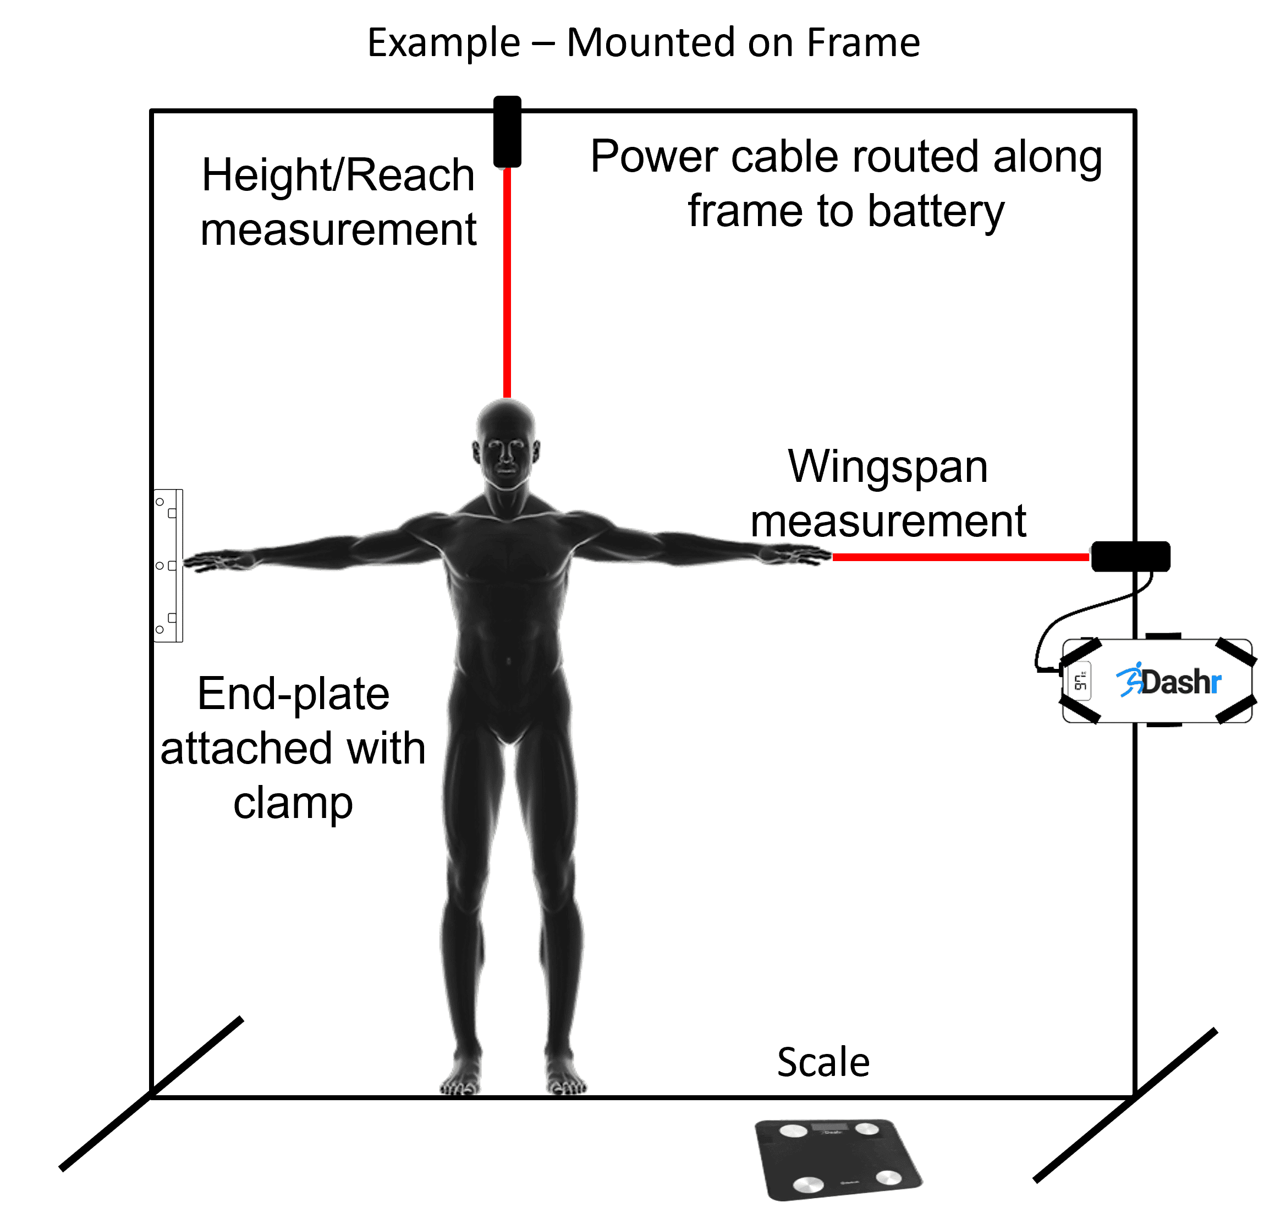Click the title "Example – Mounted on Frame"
coord(643,43)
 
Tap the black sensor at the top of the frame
coord(507,131)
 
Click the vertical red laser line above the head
coord(507,283)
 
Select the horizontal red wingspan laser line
coord(960,557)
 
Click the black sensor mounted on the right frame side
coord(1130,556)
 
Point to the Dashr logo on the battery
coord(1168,680)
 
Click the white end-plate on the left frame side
coord(168,565)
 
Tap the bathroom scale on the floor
coord(838,1159)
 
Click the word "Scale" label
coord(823,1062)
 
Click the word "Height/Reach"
coord(338,175)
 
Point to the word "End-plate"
coord(293,694)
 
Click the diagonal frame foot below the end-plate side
coord(151,1094)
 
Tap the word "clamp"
coord(293,804)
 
